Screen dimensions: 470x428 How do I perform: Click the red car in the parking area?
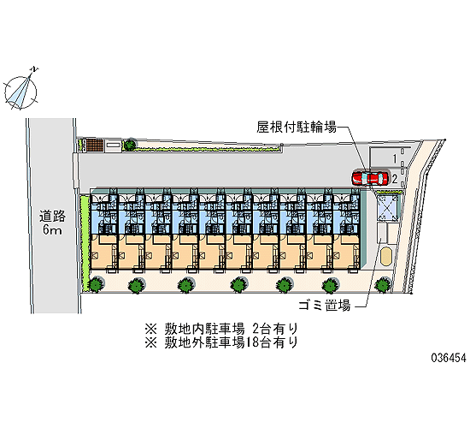tap(370, 178)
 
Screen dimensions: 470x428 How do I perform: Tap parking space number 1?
tap(395, 159)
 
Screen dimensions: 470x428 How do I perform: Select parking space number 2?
tap(395, 179)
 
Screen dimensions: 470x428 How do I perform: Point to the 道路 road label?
tap(52, 217)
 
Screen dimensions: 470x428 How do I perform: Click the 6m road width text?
tap(52, 230)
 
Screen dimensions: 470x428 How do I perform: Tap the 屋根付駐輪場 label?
tap(297, 127)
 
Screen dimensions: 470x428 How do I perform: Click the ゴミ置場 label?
tap(325, 306)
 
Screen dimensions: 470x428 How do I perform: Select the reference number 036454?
tap(449, 358)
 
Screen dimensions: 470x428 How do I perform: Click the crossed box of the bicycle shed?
tap(388, 207)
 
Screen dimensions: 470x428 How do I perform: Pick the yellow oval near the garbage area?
tap(386, 256)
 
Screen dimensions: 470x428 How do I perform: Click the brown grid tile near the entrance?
tap(96, 145)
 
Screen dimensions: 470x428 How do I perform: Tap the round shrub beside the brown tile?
tap(130, 145)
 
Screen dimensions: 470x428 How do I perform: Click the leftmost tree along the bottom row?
tap(97, 284)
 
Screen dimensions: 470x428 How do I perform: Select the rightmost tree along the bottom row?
tap(383, 284)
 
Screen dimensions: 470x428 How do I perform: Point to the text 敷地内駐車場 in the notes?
tap(204, 330)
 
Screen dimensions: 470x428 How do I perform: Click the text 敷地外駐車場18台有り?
tap(231, 342)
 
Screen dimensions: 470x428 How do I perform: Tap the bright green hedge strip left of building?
tap(85, 243)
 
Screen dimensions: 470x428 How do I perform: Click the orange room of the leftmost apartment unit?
tap(103, 252)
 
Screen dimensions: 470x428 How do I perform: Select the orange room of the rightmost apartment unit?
tap(346, 252)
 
